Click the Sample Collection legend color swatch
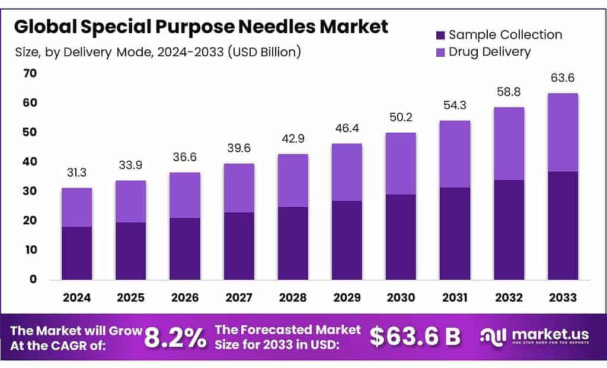pyautogui.click(x=439, y=34)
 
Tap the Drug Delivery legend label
pyautogui.click(x=490, y=52)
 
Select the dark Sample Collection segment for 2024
pyautogui.click(x=77, y=253)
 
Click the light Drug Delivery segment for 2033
pyautogui.click(x=563, y=132)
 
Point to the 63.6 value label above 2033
pyautogui.click(x=563, y=78)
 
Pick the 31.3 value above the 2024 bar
pyautogui.click(x=77, y=172)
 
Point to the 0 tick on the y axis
pyautogui.click(x=33, y=279)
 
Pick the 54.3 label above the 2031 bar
pyautogui.click(x=455, y=105)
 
